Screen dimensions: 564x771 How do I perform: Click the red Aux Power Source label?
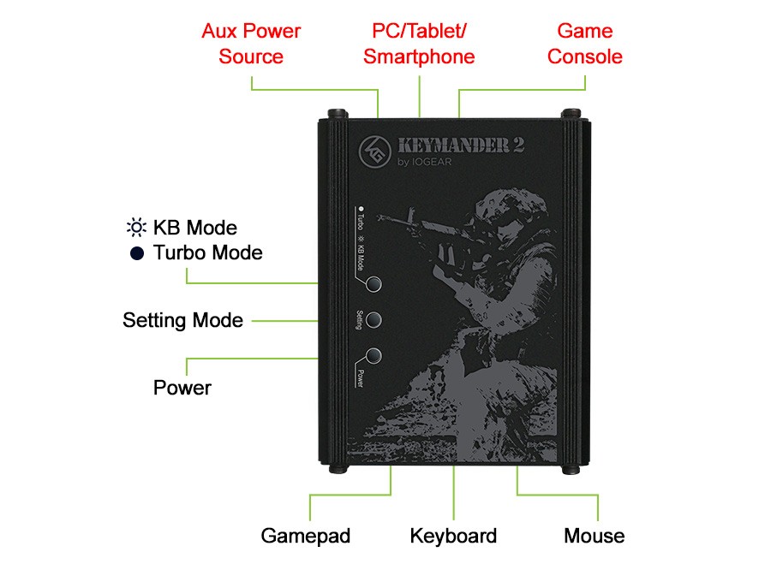pyautogui.click(x=251, y=45)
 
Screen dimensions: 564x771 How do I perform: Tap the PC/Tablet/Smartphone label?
pyautogui.click(x=419, y=45)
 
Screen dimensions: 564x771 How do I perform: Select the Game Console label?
pyautogui.click(x=585, y=45)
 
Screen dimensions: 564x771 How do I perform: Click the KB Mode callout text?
pyautogui.click(x=194, y=229)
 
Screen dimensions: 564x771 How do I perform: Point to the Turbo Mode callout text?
pyautogui.click(x=207, y=253)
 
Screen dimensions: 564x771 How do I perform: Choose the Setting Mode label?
pyautogui.click(x=182, y=321)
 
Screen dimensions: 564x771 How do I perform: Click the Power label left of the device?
pyautogui.click(x=182, y=388)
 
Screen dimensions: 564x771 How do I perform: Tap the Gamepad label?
pyautogui.click(x=306, y=537)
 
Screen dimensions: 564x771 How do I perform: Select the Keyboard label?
pyautogui.click(x=453, y=537)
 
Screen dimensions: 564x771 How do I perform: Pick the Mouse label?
pyautogui.click(x=594, y=537)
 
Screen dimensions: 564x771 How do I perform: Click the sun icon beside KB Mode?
pyautogui.click(x=135, y=229)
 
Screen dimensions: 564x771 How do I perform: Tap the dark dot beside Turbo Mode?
pyautogui.click(x=135, y=253)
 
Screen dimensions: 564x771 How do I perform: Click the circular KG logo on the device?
pyautogui.click(x=374, y=151)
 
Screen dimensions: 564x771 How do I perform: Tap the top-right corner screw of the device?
pyautogui.click(x=569, y=115)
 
